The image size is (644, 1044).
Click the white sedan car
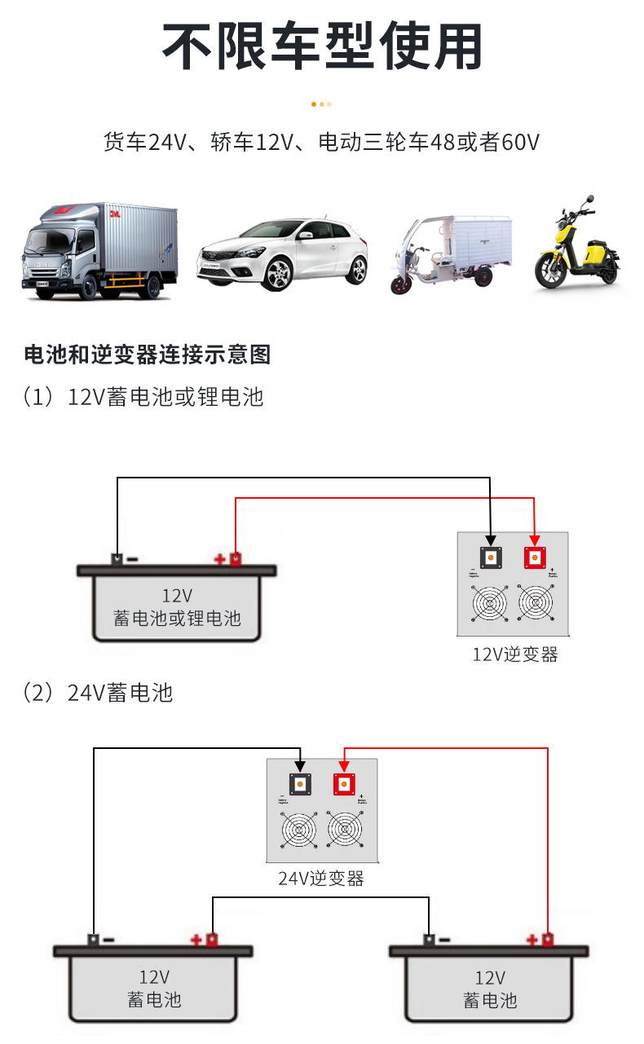282,253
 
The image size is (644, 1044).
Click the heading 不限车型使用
322,46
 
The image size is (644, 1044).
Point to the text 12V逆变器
515,654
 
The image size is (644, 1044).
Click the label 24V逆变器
321,879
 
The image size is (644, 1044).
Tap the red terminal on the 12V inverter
536,557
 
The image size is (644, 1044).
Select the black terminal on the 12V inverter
491,557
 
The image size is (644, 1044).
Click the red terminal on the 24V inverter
344,784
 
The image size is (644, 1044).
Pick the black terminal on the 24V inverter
300,784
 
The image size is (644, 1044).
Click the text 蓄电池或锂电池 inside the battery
177,618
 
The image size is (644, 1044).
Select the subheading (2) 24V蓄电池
98,693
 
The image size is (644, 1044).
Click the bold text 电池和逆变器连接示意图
148,355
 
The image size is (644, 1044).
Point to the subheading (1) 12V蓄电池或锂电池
143,397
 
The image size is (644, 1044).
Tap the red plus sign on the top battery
219,559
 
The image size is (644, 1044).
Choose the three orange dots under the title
321,104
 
